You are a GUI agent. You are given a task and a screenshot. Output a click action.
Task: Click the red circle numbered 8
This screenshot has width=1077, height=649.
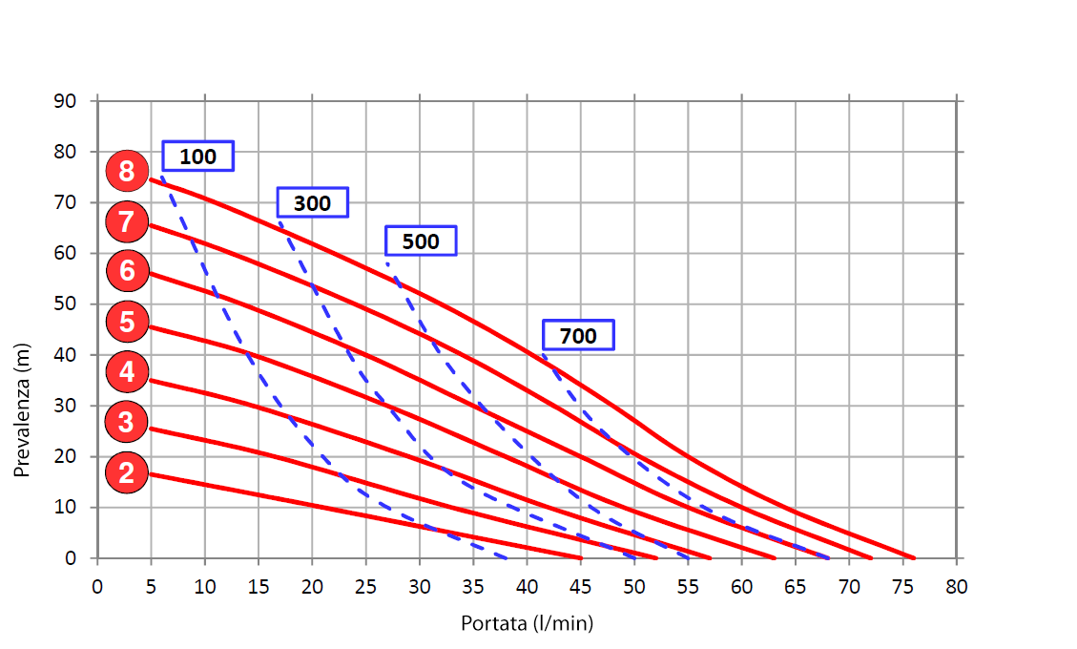coord(127,172)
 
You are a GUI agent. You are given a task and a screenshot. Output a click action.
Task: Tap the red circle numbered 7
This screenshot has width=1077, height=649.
coord(127,222)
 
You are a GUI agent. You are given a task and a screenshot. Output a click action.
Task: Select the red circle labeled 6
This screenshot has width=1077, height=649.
coord(127,271)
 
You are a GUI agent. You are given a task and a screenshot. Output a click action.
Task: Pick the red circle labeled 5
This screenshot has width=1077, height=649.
coord(127,322)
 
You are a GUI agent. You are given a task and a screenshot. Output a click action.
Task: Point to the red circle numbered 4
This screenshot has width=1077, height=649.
coord(127,371)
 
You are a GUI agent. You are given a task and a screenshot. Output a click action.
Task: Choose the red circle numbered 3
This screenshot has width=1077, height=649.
coord(127,421)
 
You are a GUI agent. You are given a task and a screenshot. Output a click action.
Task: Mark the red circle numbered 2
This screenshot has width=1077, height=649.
coord(127,471)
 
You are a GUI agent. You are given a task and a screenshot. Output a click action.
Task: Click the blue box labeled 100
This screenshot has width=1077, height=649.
coord(197,157)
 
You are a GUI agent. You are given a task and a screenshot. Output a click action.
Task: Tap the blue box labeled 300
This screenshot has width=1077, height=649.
coord(312,203)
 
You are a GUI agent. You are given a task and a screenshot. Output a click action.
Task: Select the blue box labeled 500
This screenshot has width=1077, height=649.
coord(421,241)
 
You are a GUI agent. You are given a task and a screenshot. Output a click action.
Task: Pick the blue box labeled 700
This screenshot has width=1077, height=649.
coord(578,336)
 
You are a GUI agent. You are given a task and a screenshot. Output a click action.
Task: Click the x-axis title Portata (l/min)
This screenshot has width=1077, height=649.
coord(527,624)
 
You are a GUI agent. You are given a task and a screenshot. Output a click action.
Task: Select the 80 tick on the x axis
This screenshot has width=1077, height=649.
coord(957,585)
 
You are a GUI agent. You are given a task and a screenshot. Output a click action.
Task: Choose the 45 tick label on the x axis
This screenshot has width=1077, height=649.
coord(581,585)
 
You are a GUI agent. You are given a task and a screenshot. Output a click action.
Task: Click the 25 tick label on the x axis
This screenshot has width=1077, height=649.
coord(365,585)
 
